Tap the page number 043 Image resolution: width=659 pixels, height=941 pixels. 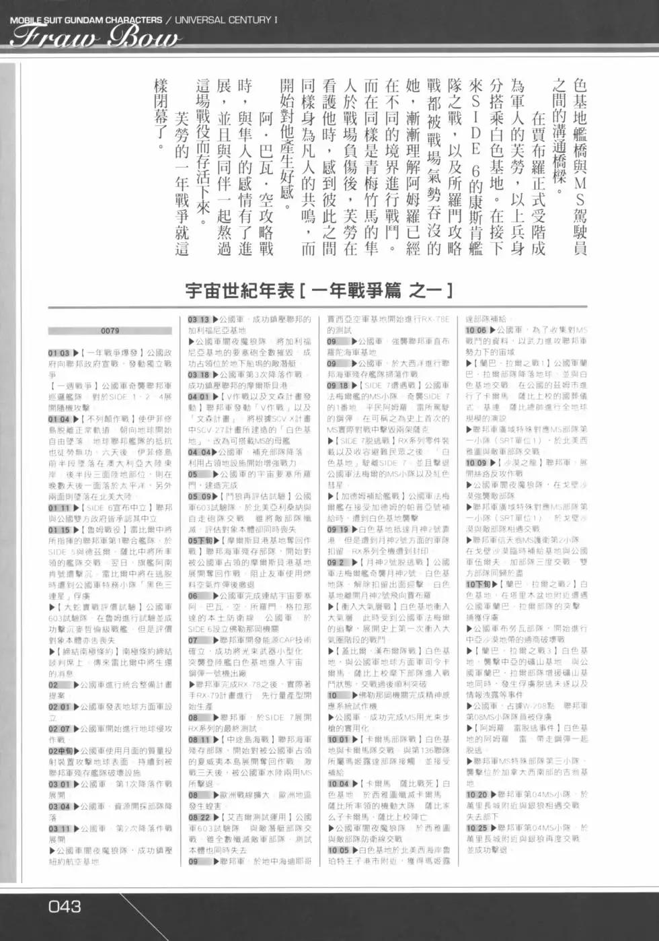point(65,906)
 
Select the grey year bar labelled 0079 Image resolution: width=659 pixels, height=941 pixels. point(110,330)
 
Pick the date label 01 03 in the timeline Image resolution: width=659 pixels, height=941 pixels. point(59,353)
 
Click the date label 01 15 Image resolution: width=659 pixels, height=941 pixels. point(59,530)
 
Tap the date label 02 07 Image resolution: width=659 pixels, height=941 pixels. point(59,728)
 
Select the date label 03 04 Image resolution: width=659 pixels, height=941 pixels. point(59,806)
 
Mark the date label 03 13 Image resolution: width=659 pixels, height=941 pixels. point(199,320)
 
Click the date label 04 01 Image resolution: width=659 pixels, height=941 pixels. point(199,397)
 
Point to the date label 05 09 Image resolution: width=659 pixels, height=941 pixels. point(199,497)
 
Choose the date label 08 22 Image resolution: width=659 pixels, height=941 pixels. point(199,817)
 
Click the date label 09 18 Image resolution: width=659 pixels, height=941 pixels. point(338,386)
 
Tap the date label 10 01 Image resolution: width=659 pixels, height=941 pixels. point(338,739)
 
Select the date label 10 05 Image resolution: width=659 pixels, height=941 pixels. point(338,850)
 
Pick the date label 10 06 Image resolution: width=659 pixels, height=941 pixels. point(477,330)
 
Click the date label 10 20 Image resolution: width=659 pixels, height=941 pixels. point(477,795)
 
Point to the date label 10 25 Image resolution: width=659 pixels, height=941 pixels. point(477,828)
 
